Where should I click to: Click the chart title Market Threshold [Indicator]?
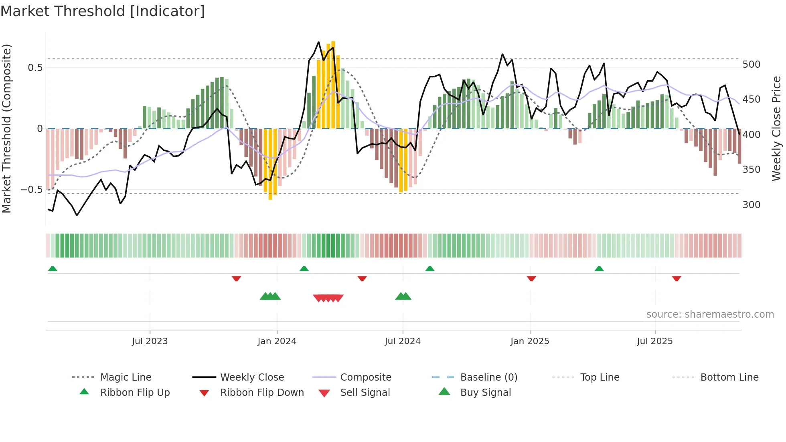pyautogui.click(x=103, y=11)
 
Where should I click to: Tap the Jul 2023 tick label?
pyautogui.click(x=150, y=341)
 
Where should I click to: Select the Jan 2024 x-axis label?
pyautogui.click(x=277, y=341)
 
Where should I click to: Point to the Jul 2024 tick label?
pyautogui.click(x=403, y=341)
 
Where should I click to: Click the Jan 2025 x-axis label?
pyautogui.click(x=530, y=341)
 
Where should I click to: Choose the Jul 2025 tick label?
pyautogui.click(x=655, y=341)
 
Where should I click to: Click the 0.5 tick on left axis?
pyautogui.click(x=35, y=67)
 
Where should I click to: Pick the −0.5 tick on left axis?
pyautogui.click(x=32, y=189)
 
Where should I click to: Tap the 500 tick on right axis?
pyautogui.click(x=751, y=65)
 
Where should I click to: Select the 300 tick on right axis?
pyautogui.click(x=751, y=205)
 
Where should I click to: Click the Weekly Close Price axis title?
pyautogui.click(x=776, y=128)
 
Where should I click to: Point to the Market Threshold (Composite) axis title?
pyautogui.click(x=6, y=128)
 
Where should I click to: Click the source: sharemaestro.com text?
pyautogui.click(x=710, y=314)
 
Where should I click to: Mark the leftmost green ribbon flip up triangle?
pyautogui.click(x=53, y=269)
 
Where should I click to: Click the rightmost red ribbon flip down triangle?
pyautogui.click(x=677, y=278)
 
